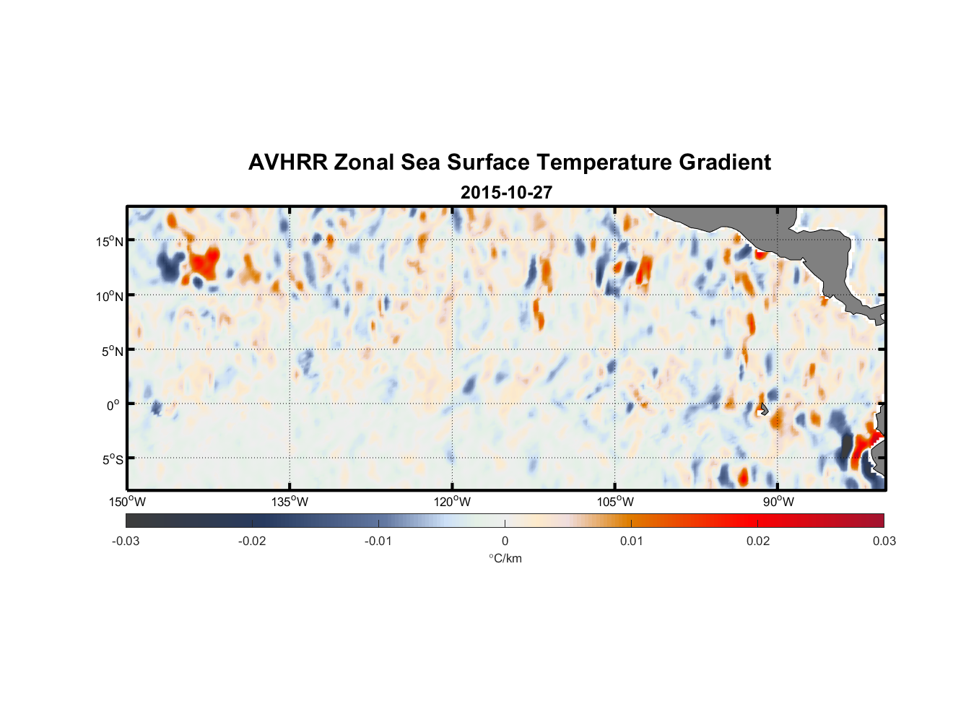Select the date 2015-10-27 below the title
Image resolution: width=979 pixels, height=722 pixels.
(506, 193)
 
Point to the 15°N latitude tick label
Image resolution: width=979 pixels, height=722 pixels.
(110, 241)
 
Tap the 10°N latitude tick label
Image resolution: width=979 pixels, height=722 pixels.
(110, 296)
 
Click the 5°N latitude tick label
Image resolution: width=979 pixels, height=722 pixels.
(112, 351)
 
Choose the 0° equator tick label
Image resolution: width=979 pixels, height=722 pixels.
(113, 406)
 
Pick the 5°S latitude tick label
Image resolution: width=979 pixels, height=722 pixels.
(112, 460)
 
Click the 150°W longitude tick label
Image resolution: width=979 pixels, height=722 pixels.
(128, 502)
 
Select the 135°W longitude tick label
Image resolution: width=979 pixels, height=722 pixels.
(290, 502)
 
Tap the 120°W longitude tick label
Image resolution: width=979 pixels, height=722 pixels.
(453, 502)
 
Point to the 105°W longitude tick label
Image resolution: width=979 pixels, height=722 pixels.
(615, 502)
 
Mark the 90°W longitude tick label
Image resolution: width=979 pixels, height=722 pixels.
(778, 502)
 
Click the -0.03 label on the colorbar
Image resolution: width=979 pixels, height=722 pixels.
(126, 541)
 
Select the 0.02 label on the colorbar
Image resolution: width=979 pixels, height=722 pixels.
(758, 541)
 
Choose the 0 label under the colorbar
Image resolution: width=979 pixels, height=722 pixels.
(505, 541)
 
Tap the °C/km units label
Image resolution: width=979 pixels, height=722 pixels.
(505, 558)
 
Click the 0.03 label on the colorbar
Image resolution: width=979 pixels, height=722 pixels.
(884, 541)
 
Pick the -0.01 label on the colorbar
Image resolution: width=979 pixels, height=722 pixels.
(378, 541)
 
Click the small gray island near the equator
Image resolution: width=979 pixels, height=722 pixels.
(763, 409)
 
